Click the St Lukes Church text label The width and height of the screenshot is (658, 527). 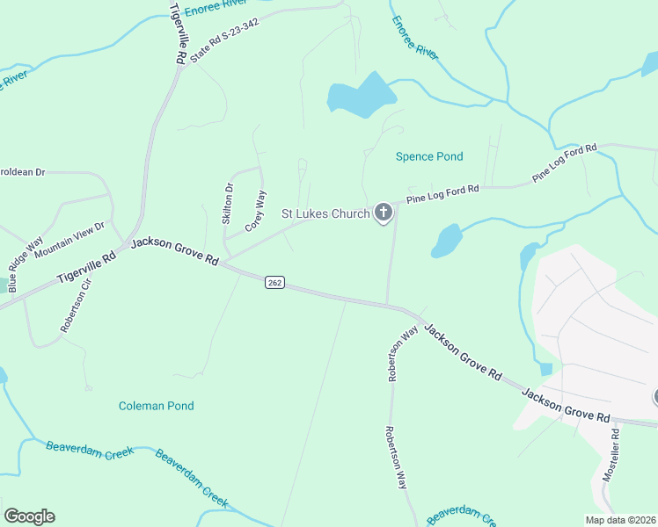coord(325,213)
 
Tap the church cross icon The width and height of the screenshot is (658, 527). coord(383,213)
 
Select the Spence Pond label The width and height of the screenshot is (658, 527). coord(428,156)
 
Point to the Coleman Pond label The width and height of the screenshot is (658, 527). coord(156,406)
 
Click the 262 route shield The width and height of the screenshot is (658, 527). coord(274,281)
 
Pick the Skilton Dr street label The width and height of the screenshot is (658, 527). coord(228,204)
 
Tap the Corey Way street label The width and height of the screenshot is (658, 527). coord(255,212)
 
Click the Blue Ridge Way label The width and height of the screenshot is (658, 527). coord(25,264)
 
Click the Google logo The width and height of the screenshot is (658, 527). coord(29,516)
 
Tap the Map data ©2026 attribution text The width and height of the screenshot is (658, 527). coord(620,520)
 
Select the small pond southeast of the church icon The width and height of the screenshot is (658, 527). coord(446,240)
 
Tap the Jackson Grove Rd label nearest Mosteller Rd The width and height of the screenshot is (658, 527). coord(565,404)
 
